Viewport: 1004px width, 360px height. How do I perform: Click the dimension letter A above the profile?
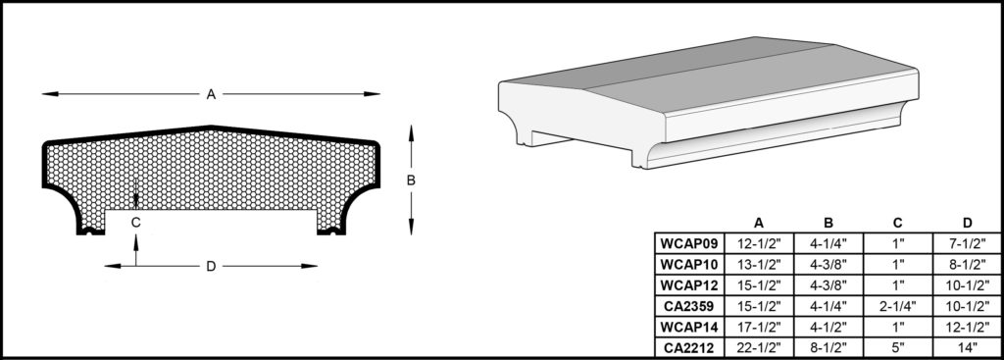pos(211,94)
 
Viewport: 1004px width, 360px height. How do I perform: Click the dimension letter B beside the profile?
pos(411,180)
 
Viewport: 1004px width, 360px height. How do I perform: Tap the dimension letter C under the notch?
pos(135,223)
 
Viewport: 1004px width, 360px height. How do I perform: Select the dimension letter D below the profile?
pos(211,267)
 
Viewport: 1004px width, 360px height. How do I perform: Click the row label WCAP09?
pos(689,243)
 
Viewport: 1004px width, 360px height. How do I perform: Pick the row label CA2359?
pos(689,306)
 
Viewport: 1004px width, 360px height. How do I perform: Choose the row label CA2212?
pos(689,348)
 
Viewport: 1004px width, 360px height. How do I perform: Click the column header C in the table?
pos(898,223)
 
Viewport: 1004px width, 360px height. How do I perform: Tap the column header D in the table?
pos(968,223)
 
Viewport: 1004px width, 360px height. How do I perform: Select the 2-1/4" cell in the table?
pos(898,306)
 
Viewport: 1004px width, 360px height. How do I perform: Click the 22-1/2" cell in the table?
pos(759,348)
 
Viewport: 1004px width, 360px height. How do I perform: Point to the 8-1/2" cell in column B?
pos(828,348)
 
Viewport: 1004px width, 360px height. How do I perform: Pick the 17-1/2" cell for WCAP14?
pos(759,328)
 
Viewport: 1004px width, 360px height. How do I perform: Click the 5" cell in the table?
pos(898,348)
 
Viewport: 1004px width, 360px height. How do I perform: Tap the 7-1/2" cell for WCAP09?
pos(968,243)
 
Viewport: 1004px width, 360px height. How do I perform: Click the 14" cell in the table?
pos(968,348)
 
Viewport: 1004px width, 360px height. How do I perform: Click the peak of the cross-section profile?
pos(211,127)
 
